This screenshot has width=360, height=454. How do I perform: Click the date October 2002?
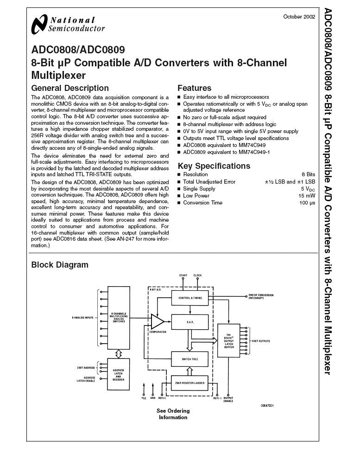pos(299,16)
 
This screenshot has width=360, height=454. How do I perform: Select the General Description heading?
pos(69,88)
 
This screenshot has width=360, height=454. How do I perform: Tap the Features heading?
pos(194,88)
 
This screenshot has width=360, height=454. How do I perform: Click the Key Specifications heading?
pos(214,166)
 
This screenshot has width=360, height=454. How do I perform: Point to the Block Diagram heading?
pos(59,265)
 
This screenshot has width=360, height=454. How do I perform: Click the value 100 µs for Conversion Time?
pos(307,203)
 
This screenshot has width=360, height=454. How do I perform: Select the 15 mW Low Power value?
pos(308,196)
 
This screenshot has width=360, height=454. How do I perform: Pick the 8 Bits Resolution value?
pos(308,175)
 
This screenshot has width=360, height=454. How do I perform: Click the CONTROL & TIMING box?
pos(190,298)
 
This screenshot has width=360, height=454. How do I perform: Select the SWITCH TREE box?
pos(190,358)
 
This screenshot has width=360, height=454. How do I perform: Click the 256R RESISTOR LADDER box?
pos(190,382)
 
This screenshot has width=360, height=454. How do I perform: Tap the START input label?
pos(183,275)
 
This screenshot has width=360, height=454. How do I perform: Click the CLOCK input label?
pos(198,275)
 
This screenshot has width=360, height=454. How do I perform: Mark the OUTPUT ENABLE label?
pos(228,399)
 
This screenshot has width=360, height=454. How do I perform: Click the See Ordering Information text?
pos(173,414)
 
